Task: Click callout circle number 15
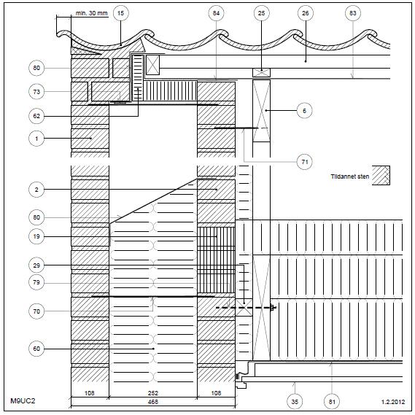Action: coord(120,13)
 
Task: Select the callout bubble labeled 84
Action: coord(216,13)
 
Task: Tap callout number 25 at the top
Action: coord(262,13)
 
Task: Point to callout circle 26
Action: coord(306,13)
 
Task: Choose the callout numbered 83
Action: coord(353,13)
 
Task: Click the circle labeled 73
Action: coord(36,92)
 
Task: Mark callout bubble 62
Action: coord(36,116)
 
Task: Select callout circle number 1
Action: coord(36,139)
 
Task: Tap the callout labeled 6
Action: coord(304,111)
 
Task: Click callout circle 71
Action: coord(305,162)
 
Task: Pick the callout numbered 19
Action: coord(36,236)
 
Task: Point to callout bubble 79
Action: coord(36,282)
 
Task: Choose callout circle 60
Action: coord(36,349)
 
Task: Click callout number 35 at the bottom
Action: coord(295,401)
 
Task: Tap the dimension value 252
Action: coord(153,393)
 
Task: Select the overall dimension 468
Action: coord(153,402)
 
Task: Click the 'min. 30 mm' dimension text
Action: coord(92,13)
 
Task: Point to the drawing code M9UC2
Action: coord(23,400)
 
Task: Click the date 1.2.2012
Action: coord(393,402)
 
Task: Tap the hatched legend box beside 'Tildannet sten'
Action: coord(381,176)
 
